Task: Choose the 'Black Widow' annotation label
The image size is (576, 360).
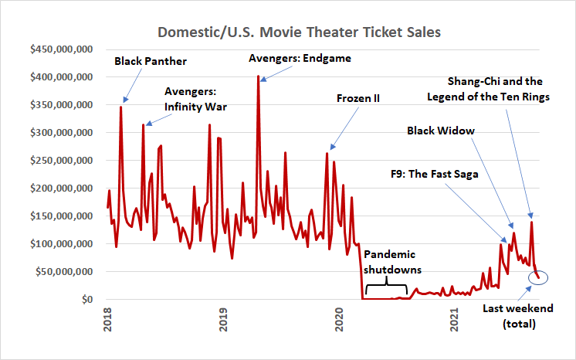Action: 441,131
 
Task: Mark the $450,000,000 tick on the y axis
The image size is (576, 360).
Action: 62,49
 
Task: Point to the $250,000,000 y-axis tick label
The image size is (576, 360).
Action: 62,161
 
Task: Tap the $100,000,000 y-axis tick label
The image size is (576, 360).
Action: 62,244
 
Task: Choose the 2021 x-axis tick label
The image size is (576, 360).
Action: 455,320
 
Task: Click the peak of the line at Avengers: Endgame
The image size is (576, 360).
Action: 258,76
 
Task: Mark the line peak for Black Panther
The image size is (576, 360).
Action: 120,107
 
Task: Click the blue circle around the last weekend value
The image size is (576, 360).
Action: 538,277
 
